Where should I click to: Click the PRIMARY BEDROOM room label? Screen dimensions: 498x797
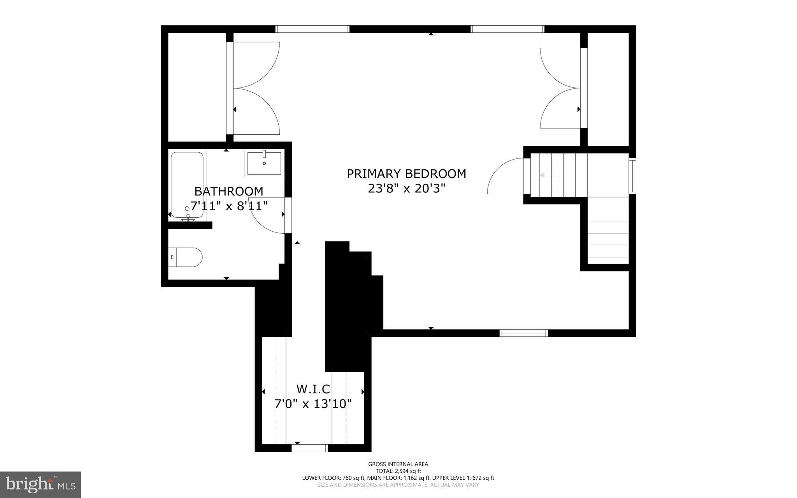point(406,174)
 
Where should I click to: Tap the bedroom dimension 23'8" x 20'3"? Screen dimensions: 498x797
point(406,189)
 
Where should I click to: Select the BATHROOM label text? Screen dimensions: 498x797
point(229,191)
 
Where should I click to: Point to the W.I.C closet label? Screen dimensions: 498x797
point(313,389)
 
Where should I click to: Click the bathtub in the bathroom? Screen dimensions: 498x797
point(187,185)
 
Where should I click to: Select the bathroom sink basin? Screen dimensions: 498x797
point(264,164)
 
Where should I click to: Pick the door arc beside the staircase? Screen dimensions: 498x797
point(504,177)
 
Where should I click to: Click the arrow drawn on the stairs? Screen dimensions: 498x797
point(551,176)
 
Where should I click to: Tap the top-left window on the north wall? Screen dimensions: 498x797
point(312,29)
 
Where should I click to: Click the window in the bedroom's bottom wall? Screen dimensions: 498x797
point(524,333)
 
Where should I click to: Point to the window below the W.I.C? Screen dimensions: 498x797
point(310,449)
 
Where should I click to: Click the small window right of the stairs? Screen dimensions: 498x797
point(633,176)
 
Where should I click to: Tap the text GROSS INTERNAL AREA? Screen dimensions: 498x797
point(398,464)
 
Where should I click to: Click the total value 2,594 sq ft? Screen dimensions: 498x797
point(407,471)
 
